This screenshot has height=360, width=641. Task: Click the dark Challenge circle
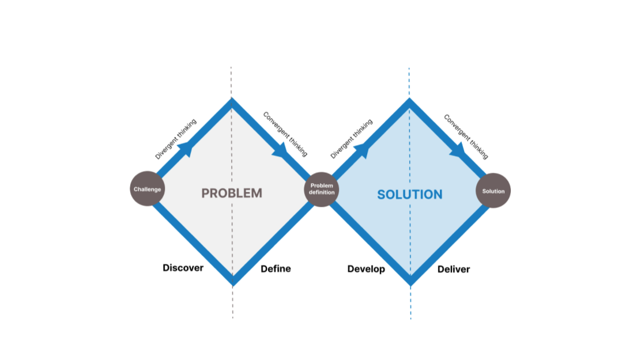tap(148, 189)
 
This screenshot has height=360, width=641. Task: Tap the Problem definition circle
tap(322, 189)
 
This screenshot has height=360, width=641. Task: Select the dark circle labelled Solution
tap(493, 191)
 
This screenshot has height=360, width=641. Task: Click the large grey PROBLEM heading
tap(232, 194)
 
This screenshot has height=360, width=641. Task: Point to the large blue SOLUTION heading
tap(410, 195)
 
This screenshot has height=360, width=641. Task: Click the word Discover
tap(183, 268)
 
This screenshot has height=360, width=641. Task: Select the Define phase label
tap(276, 268)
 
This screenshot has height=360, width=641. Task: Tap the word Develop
tap(366, 269)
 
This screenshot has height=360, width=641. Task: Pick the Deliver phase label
tap(454, 269)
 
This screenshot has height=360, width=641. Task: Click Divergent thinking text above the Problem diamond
tap(176, 139)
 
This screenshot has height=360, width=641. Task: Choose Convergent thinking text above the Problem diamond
tap(285, 134)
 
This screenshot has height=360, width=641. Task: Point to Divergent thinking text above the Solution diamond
tap(352, 139)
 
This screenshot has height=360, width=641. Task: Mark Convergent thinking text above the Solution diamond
tap(466, 137)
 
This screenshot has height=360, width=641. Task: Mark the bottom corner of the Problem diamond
tap(232, 281)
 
